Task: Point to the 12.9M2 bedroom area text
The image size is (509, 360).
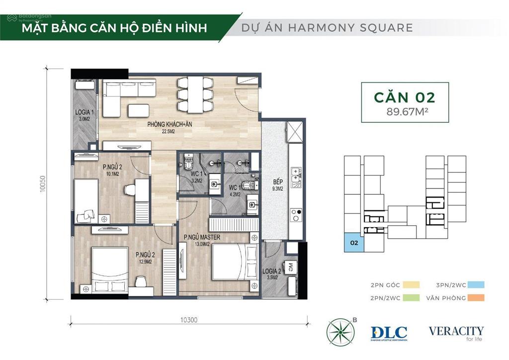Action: [x=145, y=262]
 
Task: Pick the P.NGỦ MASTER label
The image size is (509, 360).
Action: [x=202, y=237]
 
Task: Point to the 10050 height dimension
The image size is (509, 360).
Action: [x=44, y=187]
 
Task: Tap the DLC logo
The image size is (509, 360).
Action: [x=389, y=333]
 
